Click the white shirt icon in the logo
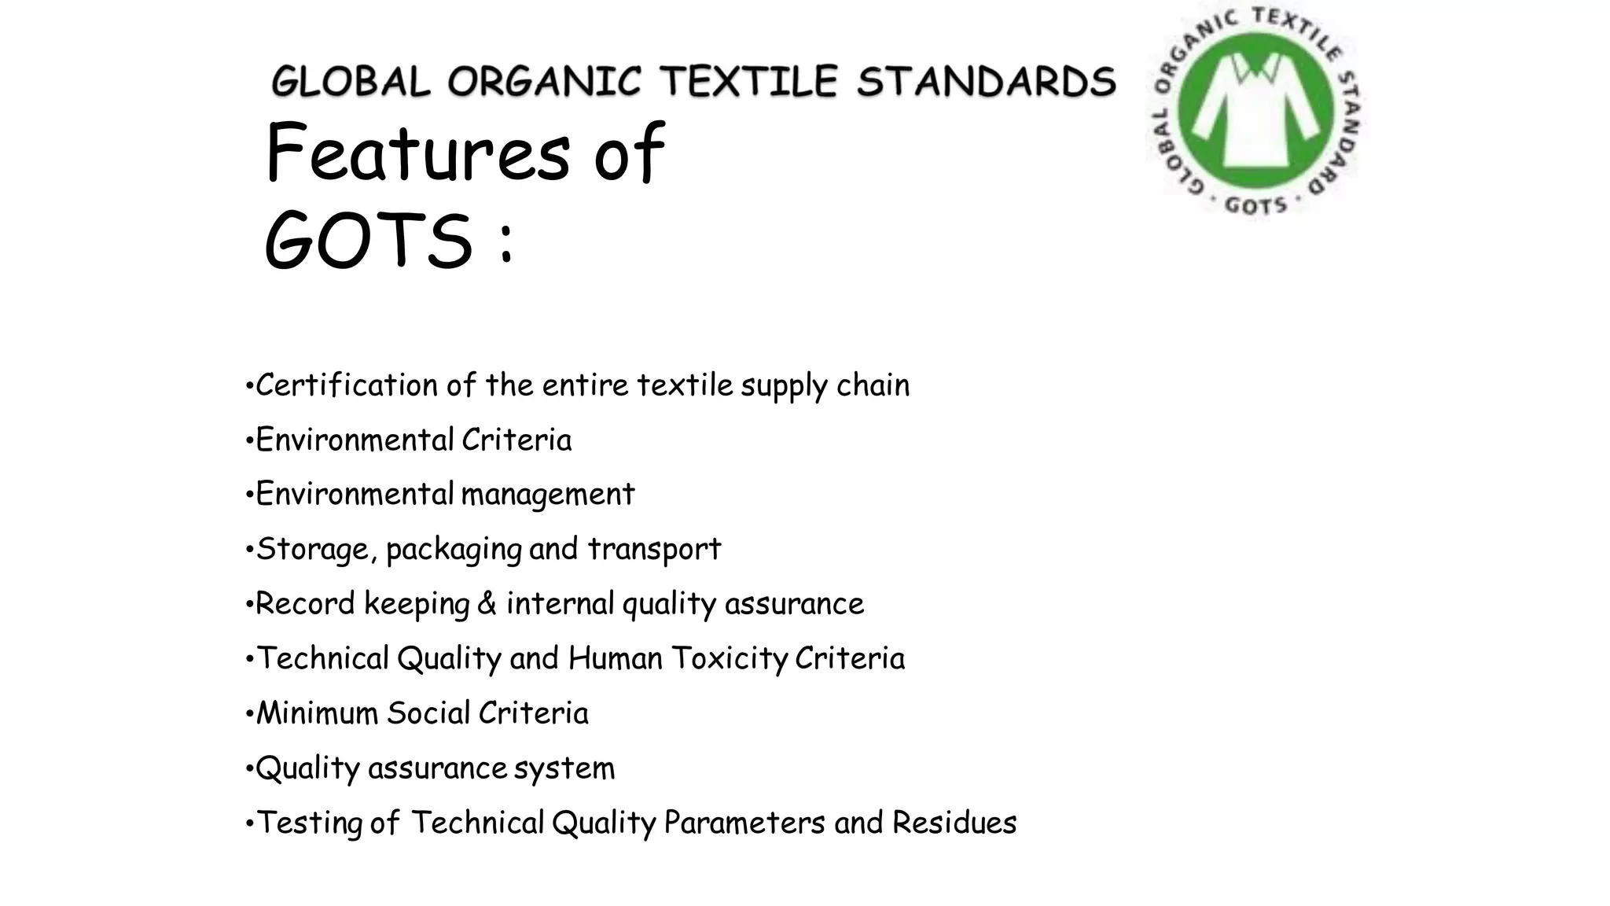1255,110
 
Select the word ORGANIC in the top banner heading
544,82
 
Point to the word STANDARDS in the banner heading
986,82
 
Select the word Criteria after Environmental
516,440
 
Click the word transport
654,549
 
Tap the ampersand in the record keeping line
487,604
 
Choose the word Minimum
318,713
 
